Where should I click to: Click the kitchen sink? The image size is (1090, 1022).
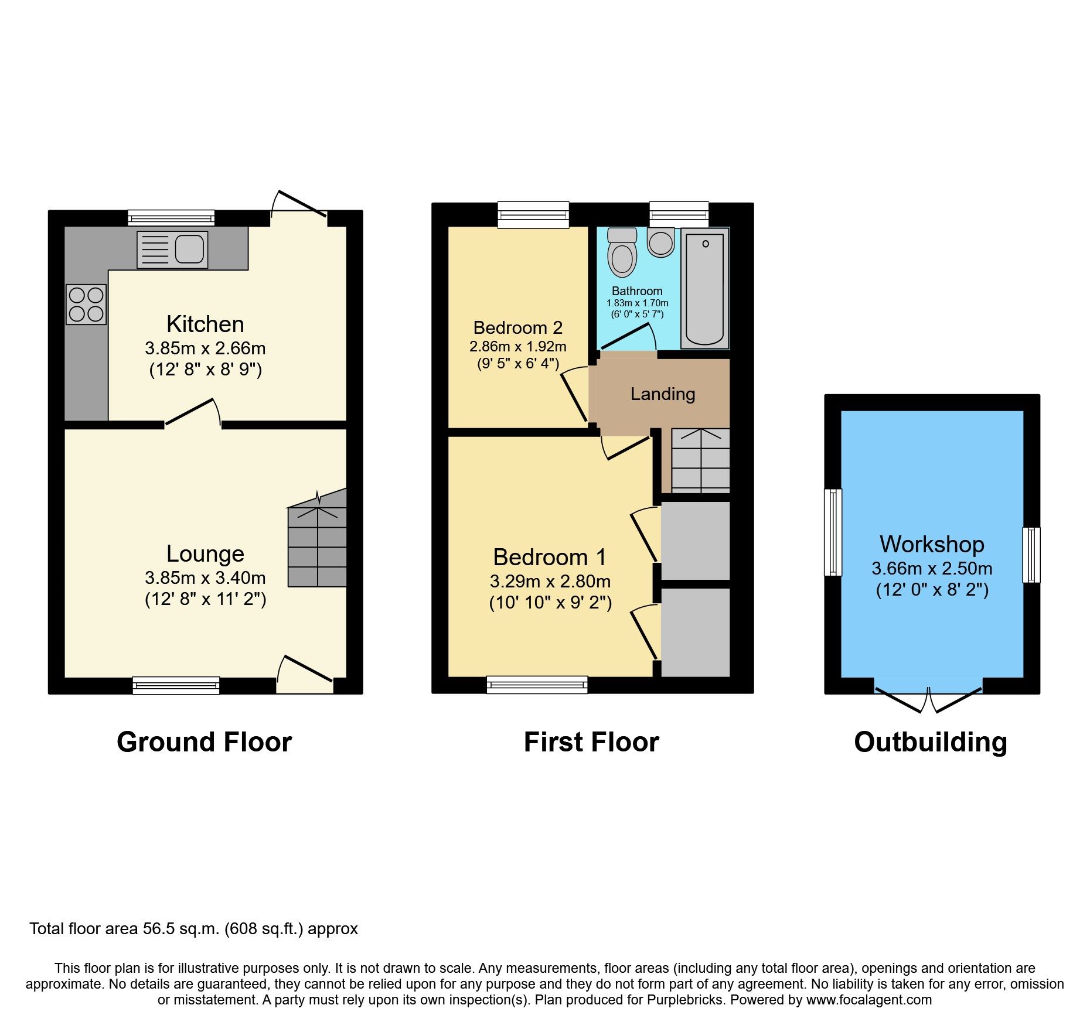[172, 249]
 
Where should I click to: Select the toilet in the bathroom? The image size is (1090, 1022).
[622, 252]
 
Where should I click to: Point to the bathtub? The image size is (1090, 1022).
[705, 289]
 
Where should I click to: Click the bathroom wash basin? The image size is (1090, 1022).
[661, 242]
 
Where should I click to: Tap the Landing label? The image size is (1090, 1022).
[663, 394]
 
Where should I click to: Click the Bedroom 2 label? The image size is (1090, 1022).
[518, 327]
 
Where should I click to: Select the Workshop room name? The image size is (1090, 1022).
[932, 544]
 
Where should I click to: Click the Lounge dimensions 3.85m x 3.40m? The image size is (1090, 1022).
[205, 578]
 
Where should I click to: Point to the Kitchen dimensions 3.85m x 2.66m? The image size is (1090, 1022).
[205, 348]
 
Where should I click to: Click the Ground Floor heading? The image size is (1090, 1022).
[204, 742]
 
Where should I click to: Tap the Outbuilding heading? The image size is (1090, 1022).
[931, 742]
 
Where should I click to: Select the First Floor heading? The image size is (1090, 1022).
[591, 742]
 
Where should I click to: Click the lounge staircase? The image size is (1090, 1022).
[317, 538]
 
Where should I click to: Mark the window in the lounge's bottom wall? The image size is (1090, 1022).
[176, 685]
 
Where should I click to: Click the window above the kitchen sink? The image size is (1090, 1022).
[171, 218]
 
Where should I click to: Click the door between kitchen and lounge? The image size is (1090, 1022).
[193, 412]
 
